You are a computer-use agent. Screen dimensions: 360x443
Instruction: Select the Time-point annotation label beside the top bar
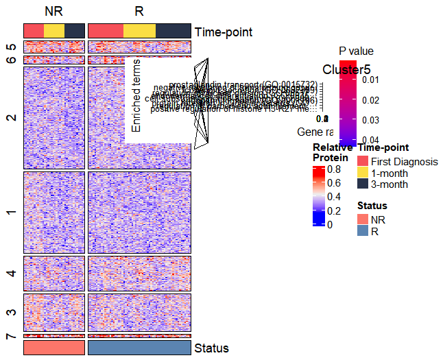[x=224, y=32]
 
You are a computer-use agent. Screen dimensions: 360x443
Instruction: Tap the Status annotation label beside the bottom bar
[x=211, y=348]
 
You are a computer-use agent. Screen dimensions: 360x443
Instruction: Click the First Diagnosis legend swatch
[x=363, y=162]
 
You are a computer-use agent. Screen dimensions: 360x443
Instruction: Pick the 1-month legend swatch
[x=363, y=173]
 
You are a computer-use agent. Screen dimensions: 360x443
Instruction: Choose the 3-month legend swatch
[x=363, y=184]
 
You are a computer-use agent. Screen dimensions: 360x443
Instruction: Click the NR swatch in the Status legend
[x=363, y=219]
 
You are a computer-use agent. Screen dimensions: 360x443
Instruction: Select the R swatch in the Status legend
[x=363, y=232]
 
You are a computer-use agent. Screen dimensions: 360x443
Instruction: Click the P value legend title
[x=356, y=51]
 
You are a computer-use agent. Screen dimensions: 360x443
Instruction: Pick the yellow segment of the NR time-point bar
[x=54, y=31]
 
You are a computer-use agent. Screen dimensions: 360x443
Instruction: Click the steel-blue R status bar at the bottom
[x=139, y=348]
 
